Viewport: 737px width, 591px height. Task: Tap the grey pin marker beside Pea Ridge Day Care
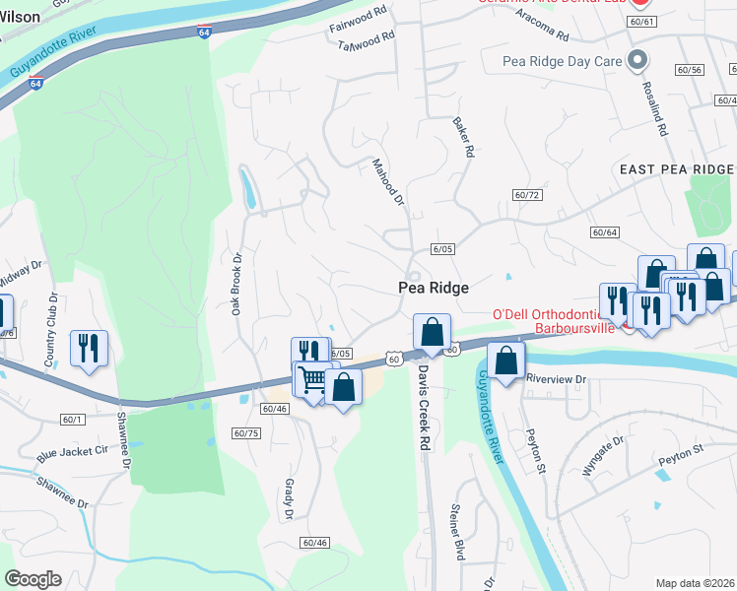pyautogui.click(x=637, y=60)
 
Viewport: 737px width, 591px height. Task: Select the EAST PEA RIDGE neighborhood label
pyautogui.click(x=676, y=169)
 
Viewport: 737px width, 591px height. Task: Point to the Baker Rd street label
pyautogui.click(x=464, y=139)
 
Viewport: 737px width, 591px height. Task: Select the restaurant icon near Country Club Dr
pyautogui.click(x=89, y=348)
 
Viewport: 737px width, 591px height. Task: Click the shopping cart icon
pyautogui.click(x=313, y=379)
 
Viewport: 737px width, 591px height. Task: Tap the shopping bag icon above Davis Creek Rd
pyautogui.click(x=432, y=332)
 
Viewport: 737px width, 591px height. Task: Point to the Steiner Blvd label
pyautogui.click(x=456, y=531)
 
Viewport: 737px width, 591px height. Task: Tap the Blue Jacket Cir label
pyautogui.click(x=72, y=452)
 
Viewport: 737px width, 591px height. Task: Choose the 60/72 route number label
pyautogui.click(x=527, y=195)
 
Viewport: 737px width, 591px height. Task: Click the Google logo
pyautogui.click(x=33, y=578)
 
